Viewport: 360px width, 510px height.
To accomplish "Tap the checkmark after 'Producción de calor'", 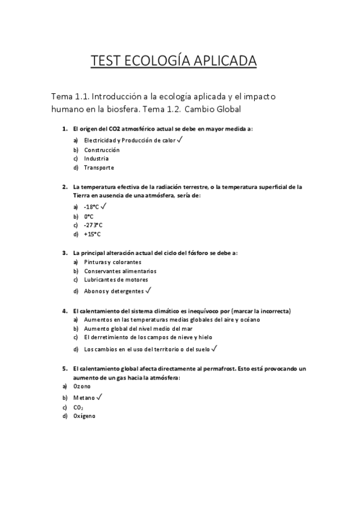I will pyautogui.click(x=180, y=140).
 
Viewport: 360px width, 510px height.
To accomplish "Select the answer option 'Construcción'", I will pyautogui.click(x=102, y=150).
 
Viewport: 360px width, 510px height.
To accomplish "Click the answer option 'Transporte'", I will pyautogui.click(x=99, y=168).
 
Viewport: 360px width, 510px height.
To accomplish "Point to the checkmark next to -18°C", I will pyautogui.click(x=103, y=206).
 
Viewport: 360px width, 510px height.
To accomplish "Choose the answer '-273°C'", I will pyautogui.click(x=93, y=225).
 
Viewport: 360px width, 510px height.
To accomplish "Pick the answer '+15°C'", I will pyautogui.click(x=93, y=234).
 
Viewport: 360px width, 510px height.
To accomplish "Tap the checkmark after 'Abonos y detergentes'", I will pyautogui.click(x=148, y=290).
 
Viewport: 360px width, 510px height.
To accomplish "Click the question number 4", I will pyautogui.click(x=64, y=311).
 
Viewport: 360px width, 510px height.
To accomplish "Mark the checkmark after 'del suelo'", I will pyautogui.click(x=214, y=348).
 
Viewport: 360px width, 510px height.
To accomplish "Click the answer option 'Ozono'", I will pyautogui.click(x=82, y=386).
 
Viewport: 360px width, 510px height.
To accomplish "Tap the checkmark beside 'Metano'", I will pyautogui.click(x=99, y=397).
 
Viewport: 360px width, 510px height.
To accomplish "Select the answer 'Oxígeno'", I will pyautogui.click(x=84, y=416).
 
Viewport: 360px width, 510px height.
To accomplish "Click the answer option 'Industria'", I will pyautogui.click(x=96, y=159).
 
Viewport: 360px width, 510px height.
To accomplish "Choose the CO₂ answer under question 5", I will pyautogui.click(x=78, y=407).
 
